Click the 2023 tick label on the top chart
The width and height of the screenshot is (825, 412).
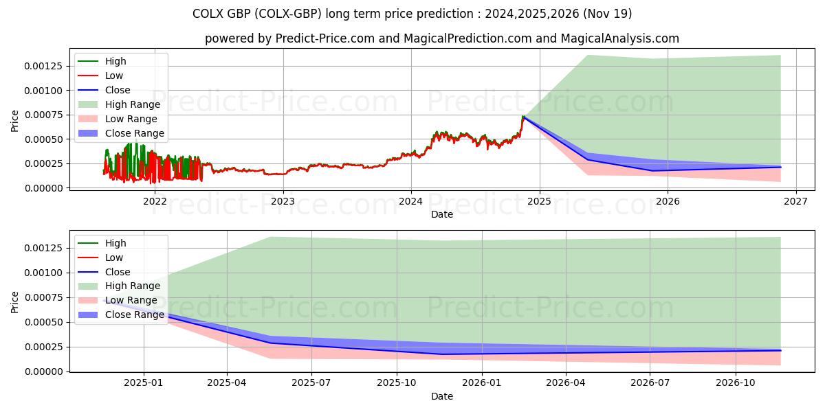tap(283, 201)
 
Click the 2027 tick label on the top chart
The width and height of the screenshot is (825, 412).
tap(795, 201)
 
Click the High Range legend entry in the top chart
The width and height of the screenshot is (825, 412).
tap(132, 104)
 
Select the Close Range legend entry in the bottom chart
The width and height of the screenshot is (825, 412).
tap(134, 315)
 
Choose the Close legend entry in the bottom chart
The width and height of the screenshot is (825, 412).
tap(117, 272)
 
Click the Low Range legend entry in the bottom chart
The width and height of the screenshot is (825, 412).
tap(131, 301)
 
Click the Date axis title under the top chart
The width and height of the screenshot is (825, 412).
tap(441, 214)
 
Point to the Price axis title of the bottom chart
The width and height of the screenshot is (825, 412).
tap(15, 302)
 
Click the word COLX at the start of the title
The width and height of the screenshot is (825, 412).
tap(208, 14)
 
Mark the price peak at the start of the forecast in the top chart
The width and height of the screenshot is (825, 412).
tap(523, 117)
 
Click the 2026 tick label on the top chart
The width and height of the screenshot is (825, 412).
tap(668, 201)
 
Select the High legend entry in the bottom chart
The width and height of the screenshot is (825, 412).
tap(115, 243)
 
